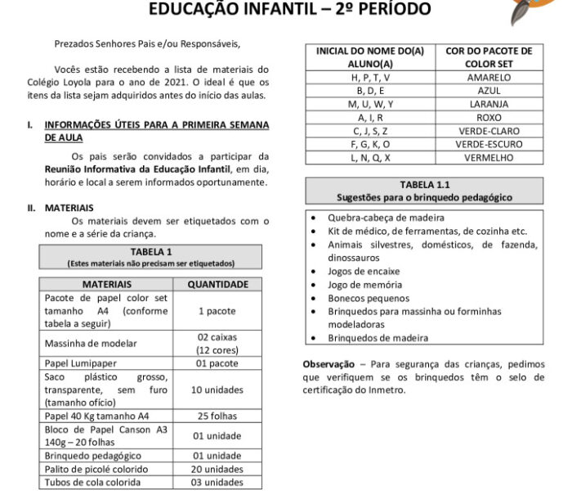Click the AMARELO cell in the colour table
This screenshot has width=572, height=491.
point(489,78)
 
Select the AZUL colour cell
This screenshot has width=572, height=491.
point(489,91)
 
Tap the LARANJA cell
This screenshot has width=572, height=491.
point(489,104)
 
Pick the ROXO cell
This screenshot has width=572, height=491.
point(489,118)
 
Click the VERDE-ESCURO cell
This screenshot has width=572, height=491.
point(489,144)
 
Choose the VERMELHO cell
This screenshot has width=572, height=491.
point(489,157)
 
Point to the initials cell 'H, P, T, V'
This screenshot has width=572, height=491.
point(370,78)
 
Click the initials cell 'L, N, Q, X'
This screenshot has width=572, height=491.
point(370,157)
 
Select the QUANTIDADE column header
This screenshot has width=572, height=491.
point(218,284)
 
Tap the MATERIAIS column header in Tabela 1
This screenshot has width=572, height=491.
point(106,284)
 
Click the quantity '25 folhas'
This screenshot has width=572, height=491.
point(218,416)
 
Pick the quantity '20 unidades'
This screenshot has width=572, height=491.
point(218,469)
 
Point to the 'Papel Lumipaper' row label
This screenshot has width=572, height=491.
point(80,363)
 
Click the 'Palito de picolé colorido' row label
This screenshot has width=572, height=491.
point(96,469)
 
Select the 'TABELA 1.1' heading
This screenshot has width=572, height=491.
point(425,185)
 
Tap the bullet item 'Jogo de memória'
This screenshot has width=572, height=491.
point(364,285)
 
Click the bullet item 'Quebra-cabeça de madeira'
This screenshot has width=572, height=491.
point(386,218)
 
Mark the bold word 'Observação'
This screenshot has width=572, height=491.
point(327,364)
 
